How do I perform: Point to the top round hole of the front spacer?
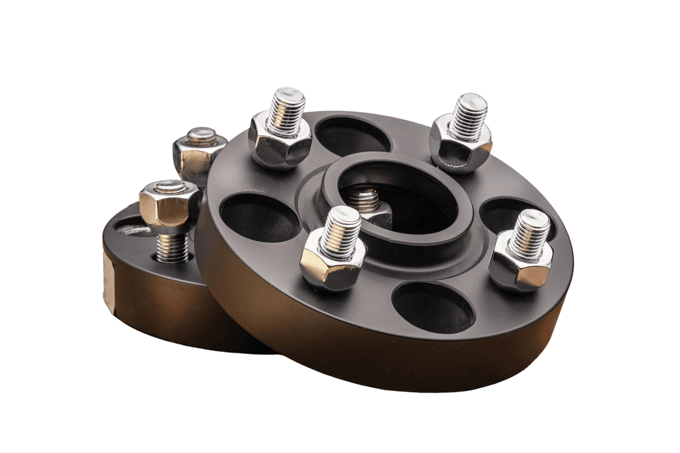(354, 136)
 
